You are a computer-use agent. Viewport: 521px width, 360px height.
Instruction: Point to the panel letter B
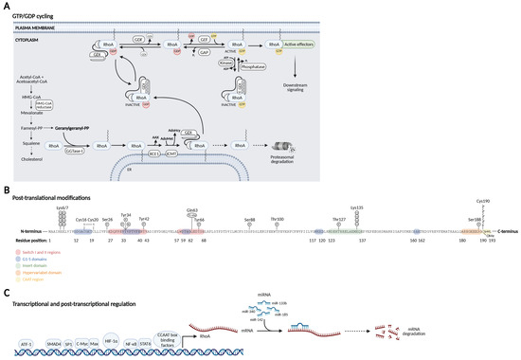click(7, 190)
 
